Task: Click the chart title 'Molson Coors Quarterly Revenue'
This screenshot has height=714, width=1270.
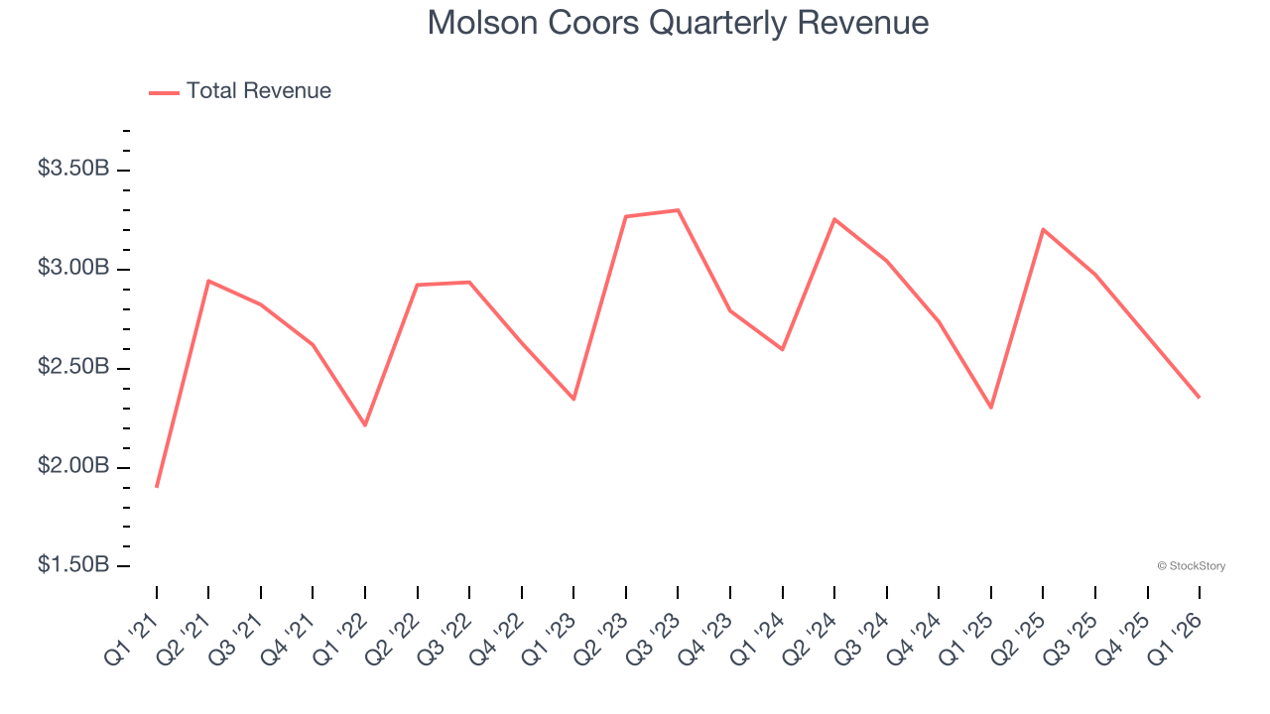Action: pyautogui.click(x=678, y=23)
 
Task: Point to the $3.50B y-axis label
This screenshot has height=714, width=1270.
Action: pyautogui.click(x=73, y=169)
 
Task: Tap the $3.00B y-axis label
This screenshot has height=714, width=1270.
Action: pyautogui.click(x=73, y=268)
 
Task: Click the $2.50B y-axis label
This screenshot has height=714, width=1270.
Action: pyautogui.click(x=73, y=367)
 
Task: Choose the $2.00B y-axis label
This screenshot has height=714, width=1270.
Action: pyautogui.click(x=73, y=466)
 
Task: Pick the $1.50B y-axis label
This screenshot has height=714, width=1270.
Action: pyautogui.click(x=73, y=565)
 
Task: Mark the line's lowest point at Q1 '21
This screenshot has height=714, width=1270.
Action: pyautogui.click(x=157, y=487)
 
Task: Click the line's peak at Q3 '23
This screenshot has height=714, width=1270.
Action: pyautogui.click(x=678, y=210)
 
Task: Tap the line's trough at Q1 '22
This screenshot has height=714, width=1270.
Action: pyautogui.click(x=365, y=425)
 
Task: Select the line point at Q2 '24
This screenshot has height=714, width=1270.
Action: pyautogui.click(x=834, y=219)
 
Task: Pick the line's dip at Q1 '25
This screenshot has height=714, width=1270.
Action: pyautogui.click(x=991, y=408)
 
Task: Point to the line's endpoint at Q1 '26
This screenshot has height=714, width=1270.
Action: pyautogui.click(x=1199, y=398)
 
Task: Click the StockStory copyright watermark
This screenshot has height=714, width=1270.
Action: pyautogui.click(x=1191, y=566)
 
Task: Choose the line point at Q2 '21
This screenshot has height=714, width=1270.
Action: pyautogui.click(x=208, y=281)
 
